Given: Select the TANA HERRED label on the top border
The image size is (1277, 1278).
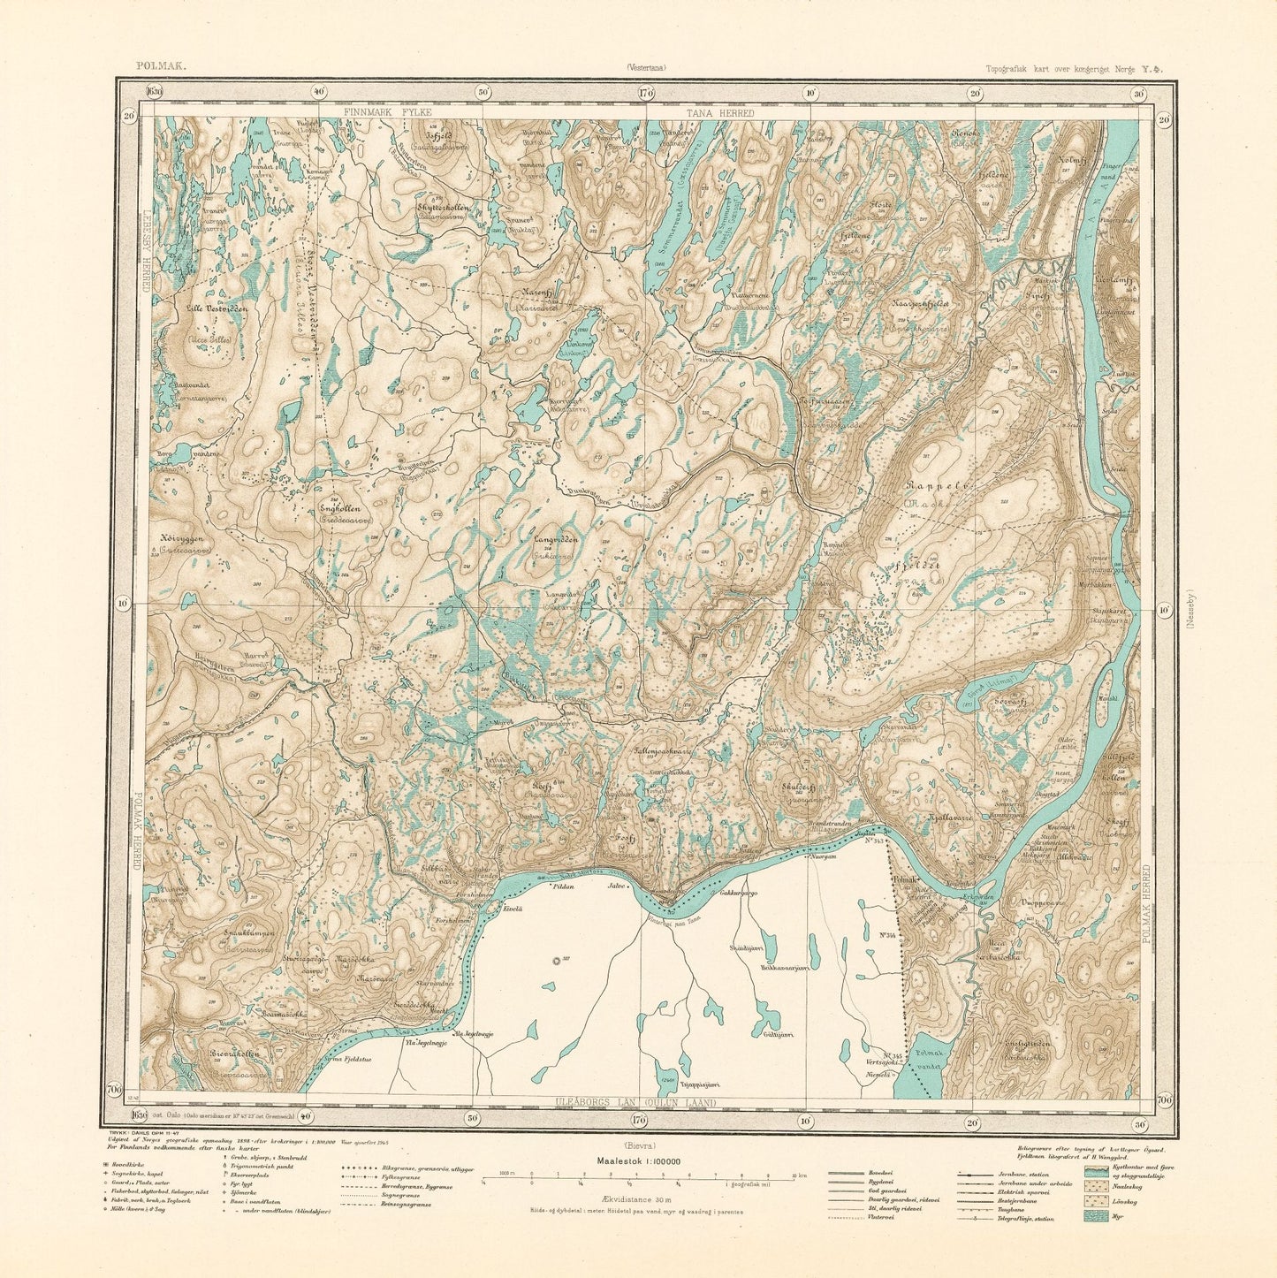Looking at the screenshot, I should pyautogui.click(x=720, y=113).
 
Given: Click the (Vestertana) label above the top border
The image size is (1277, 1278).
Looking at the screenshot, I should pyautogui.click(x=646, y=66).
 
